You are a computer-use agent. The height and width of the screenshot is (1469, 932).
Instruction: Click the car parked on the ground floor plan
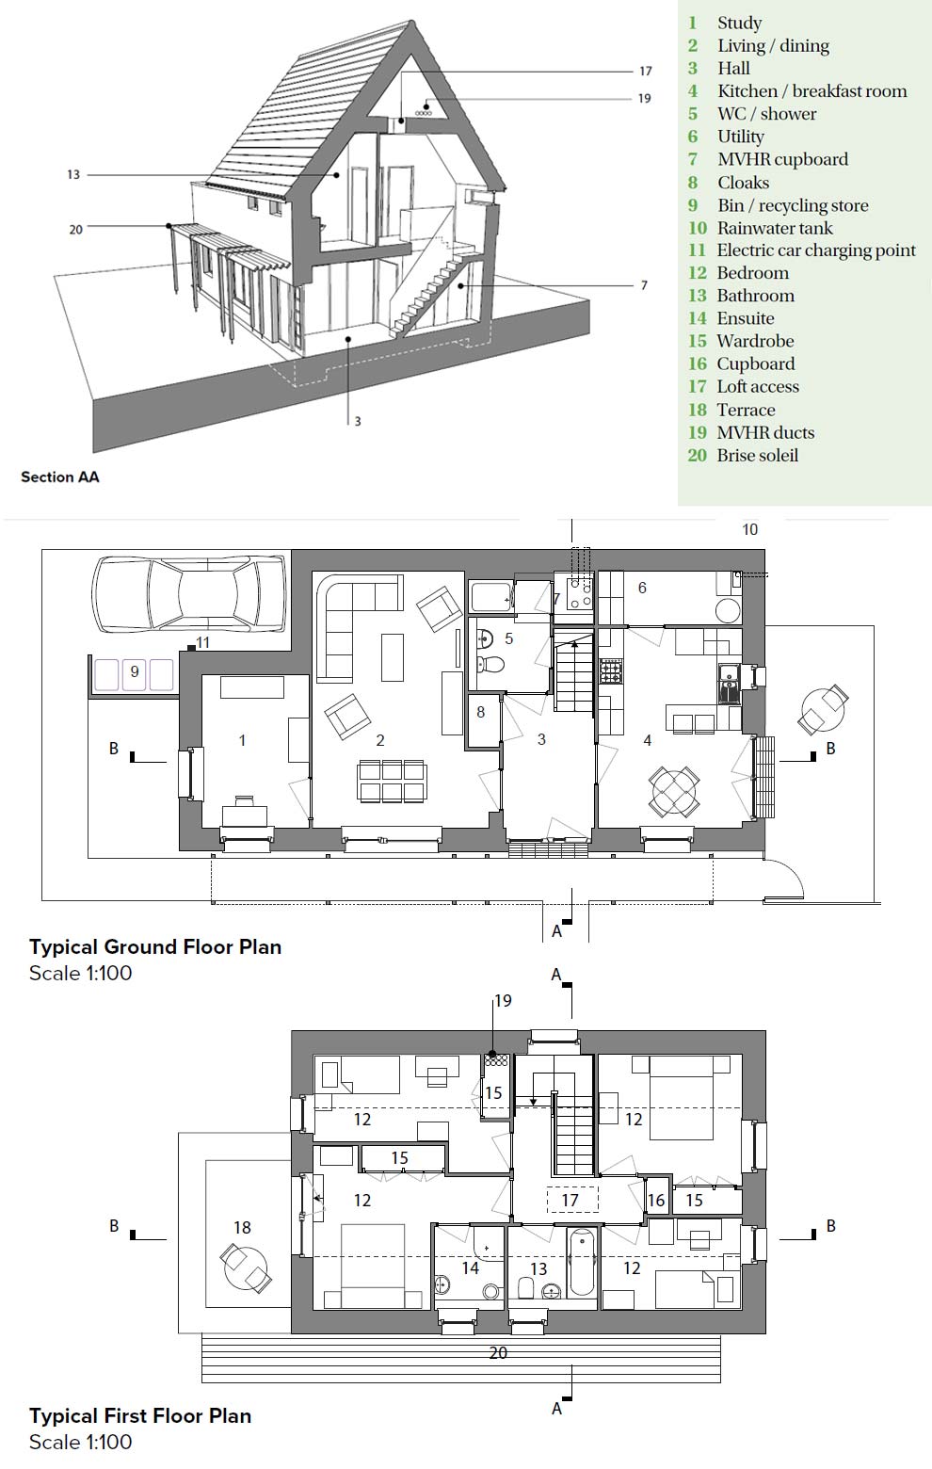click(x=188, y=592)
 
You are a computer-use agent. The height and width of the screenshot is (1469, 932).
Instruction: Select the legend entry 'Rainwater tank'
click(x=774, y=228)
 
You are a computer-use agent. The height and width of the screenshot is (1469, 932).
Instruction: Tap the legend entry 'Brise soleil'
click(x=756, y=455)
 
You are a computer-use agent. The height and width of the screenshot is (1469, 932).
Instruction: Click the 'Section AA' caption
click(x=59, y=476)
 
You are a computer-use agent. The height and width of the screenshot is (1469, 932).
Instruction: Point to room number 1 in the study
click(x=242, y=741)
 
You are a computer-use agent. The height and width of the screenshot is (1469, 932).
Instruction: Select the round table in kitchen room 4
click(x=674, y=790)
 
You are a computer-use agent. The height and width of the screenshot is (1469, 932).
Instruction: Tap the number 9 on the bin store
click(x=135, y=671)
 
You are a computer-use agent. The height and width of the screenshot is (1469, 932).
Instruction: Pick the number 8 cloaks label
click(x=480, y=712)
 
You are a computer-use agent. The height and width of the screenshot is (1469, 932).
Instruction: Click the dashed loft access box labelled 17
click(x=571, y=1200)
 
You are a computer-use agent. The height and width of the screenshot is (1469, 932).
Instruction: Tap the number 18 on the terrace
click(x=242, y=1227)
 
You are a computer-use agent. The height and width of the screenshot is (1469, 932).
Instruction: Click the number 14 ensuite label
click(x=470, y=1268)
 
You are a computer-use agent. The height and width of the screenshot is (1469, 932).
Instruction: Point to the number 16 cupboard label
click(x=656, y=1201)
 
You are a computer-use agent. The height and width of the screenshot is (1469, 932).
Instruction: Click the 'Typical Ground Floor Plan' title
click(x=155, y=946)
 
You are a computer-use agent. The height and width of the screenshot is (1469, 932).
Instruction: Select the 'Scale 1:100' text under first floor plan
click(x=81, y=1442)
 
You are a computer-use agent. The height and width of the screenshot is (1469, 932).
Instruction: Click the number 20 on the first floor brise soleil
click(x=498, y=1352)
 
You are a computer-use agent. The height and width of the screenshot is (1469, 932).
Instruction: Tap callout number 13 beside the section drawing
click(x=73, y=175)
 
